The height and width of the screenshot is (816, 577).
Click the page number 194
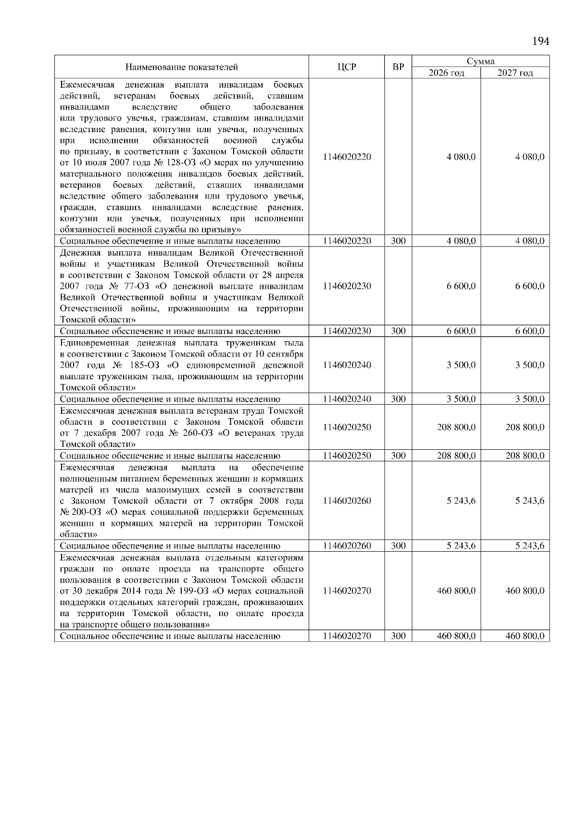click(x=540, y=41)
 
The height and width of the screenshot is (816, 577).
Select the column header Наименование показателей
click(x=182, y=67)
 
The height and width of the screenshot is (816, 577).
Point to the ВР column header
click(x=398, y=67)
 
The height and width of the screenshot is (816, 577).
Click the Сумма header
click(x=480, y=62)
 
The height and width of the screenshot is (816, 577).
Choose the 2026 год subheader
click(x=446, y=73)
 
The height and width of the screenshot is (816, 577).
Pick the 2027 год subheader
click(x=515, y=73)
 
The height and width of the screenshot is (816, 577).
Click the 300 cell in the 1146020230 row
click(x=398, y=331)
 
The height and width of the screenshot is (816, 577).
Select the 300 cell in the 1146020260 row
click(x=398, y=546)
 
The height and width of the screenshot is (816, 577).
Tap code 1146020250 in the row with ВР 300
click(x=347, y=456)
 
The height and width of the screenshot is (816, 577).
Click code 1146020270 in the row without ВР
click(x=347, y=591)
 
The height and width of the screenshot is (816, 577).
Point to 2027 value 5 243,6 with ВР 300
click(x=530, y=546)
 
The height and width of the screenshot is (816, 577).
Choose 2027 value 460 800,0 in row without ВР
click(x=525, y=591)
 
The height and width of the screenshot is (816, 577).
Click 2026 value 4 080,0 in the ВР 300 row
click(x=461, y=241)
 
